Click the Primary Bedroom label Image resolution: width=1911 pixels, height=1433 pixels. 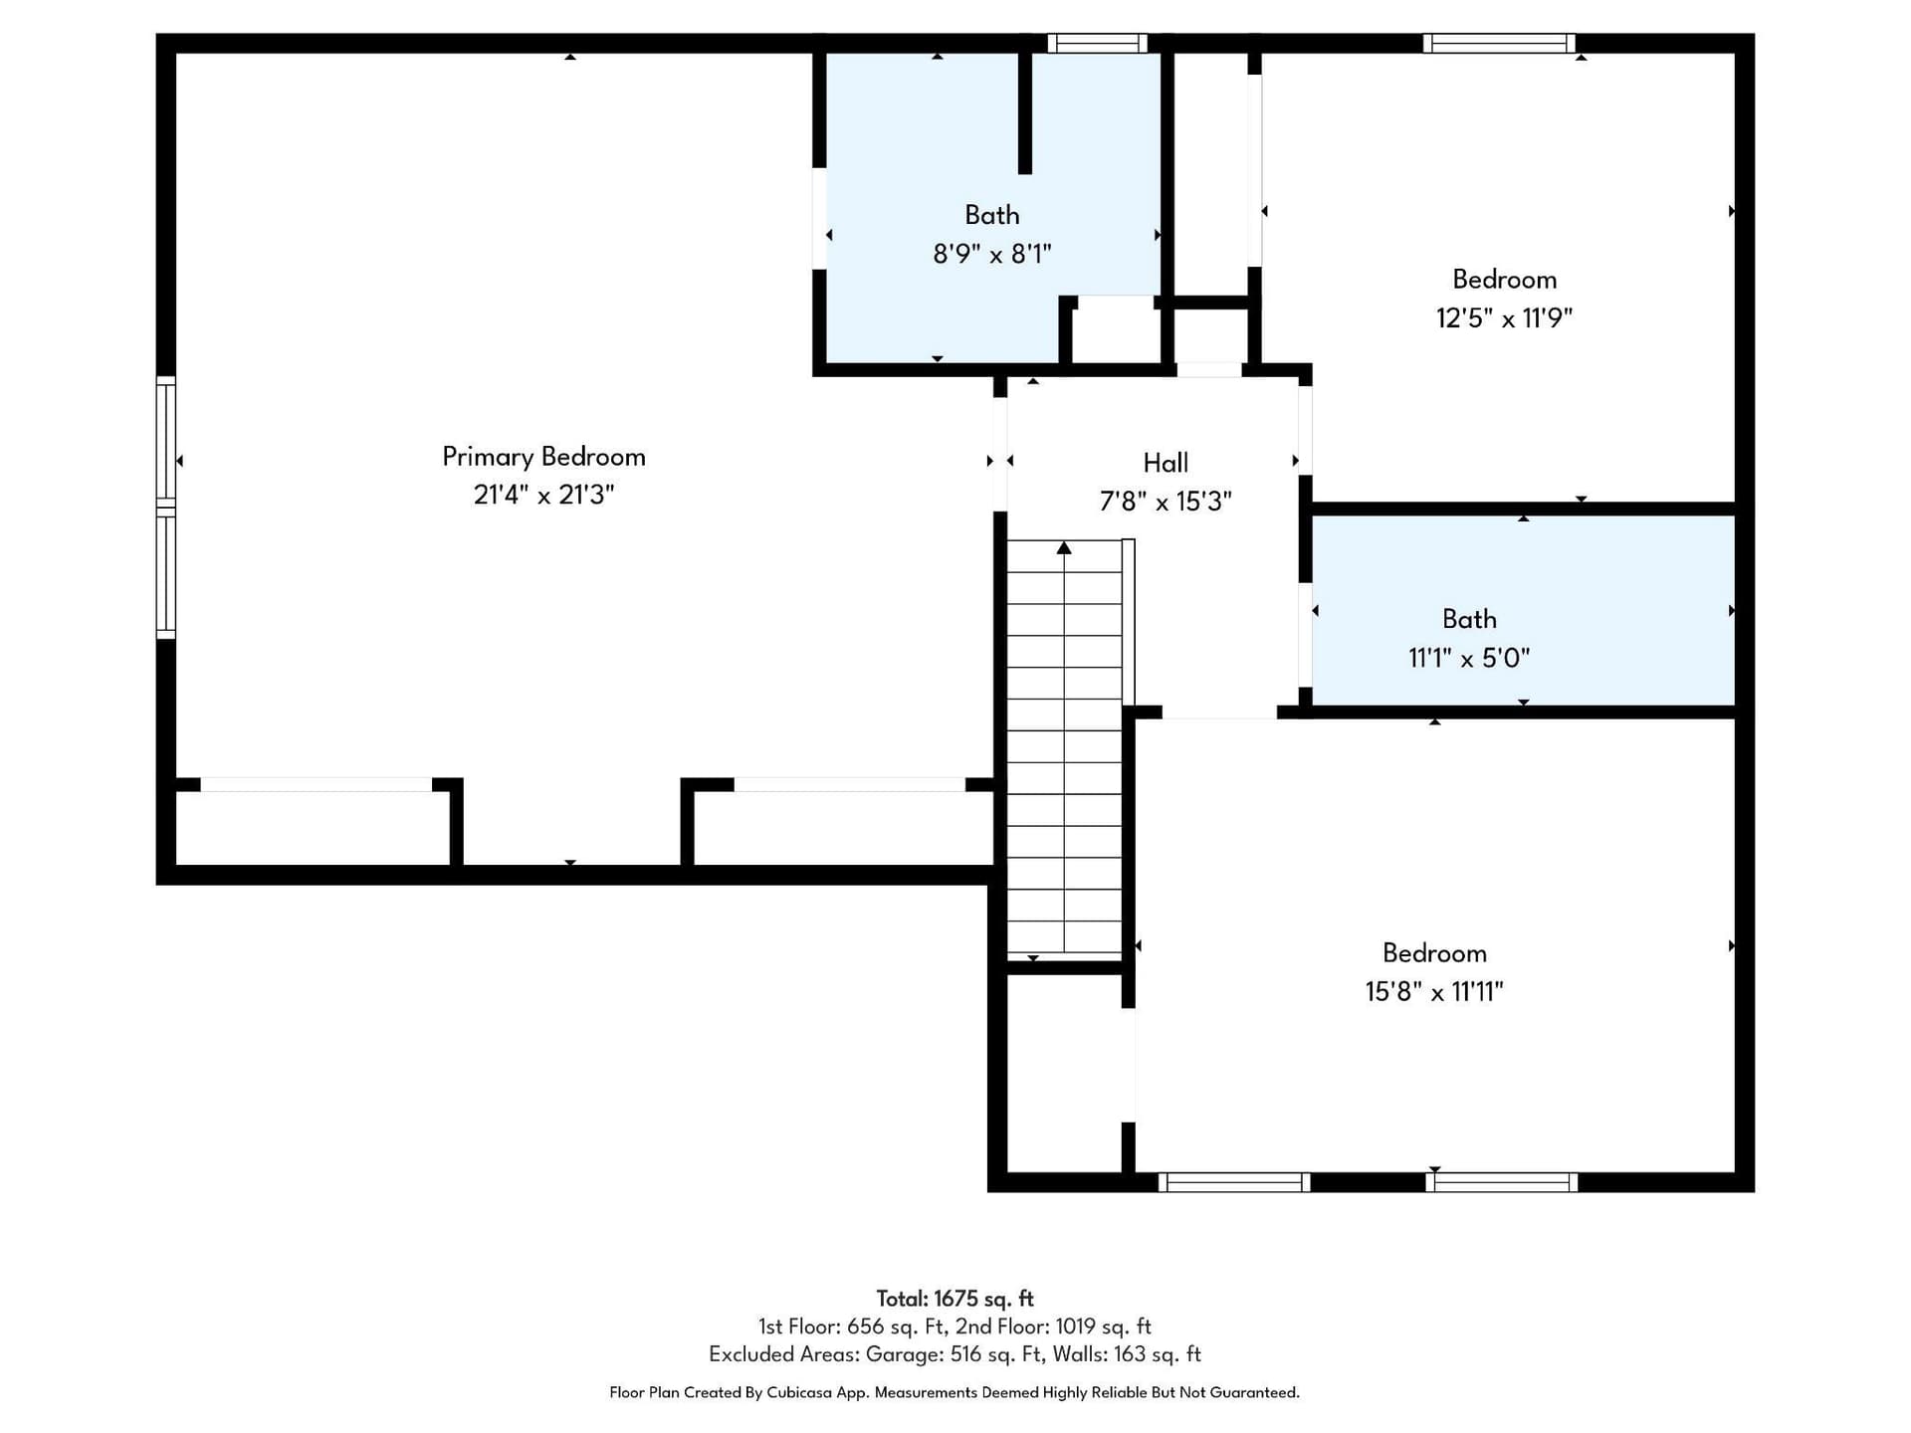543,457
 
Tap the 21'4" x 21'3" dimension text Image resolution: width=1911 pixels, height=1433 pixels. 543,495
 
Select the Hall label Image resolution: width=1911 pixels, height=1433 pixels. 1166,463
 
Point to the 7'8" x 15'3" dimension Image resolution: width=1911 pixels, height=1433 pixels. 1166,501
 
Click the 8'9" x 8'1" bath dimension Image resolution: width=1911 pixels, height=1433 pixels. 992,254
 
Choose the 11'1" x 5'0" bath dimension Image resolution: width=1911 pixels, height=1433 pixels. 1469,658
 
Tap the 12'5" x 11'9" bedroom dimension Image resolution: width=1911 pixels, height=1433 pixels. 1504,318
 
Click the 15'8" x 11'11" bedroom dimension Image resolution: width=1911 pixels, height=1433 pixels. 1434,991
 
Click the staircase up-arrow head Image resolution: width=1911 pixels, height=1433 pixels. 1064,547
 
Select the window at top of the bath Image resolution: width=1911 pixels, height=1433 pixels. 1097,43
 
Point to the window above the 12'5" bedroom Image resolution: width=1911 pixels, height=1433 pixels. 1499,43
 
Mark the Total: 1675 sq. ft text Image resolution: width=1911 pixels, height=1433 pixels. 955,1299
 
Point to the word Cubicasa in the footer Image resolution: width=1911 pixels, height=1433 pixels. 799,1392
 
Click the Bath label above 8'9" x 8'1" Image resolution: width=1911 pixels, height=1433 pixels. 992,215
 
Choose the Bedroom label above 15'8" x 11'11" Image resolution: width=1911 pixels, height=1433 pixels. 1434,953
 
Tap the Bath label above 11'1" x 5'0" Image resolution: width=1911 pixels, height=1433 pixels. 1469,619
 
